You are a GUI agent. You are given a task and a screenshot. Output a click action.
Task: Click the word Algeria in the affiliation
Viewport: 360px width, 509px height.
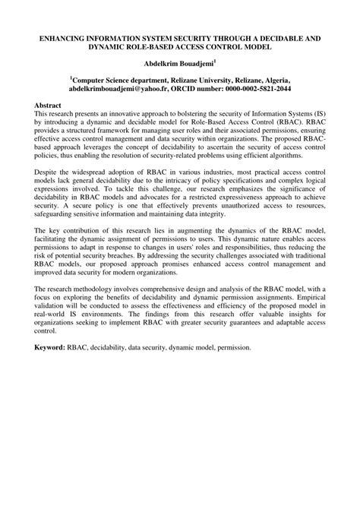[x=270, y=78]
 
